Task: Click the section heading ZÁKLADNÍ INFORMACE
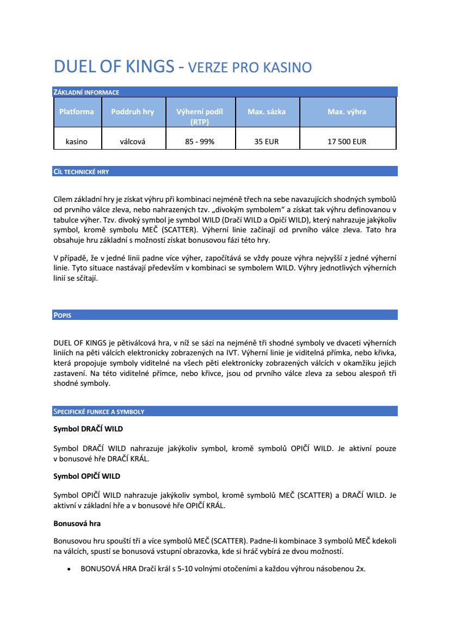point(86,92)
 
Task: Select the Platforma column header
point(76,112)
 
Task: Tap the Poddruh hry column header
point(132,112)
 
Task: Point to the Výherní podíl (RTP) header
point(200,116)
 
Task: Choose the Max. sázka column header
point(267,112)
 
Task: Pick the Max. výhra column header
point(347,112)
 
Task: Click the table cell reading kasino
point(76,141)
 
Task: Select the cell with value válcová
point(132,141)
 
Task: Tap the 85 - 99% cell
point(200,141)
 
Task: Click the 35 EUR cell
point(267,141)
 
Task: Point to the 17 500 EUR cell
point(347,141)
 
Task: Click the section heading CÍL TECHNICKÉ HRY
point(81,171)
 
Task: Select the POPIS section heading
point(63,315)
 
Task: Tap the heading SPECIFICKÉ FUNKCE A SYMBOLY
point(98,411)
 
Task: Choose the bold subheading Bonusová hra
point(77,523)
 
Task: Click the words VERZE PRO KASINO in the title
point(250,68)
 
